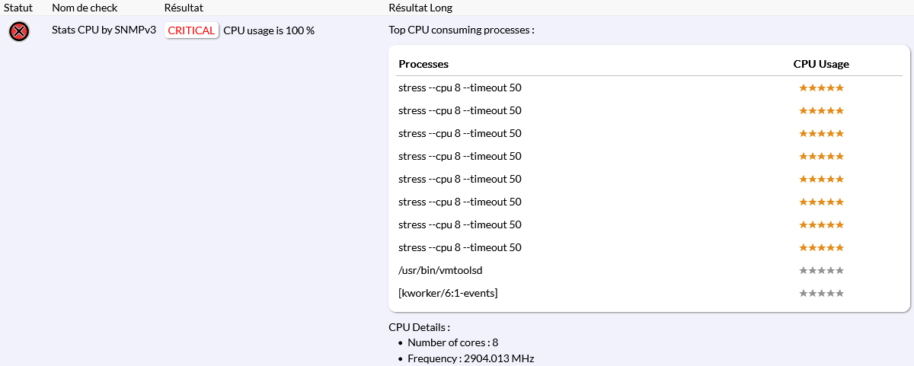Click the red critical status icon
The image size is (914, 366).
click(19, 31)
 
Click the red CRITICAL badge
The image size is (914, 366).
click(191, 30)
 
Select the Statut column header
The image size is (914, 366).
click(18, 8)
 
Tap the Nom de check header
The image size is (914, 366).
click(85, 8)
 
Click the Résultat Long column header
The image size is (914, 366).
click(420, 8)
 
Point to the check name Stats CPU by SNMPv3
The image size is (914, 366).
click(104, 30)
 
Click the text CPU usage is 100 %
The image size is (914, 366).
click(269, 30)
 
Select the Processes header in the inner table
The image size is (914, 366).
click(423, 64)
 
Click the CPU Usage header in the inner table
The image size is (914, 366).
click(821, 64)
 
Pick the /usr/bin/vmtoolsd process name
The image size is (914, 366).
click(441, 270)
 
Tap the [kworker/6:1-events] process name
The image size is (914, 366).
click(448, 293)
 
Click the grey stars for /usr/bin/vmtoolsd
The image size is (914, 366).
click(821, 270)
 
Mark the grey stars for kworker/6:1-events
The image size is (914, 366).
click(821, 293)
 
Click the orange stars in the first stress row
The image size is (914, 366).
click(821, 88)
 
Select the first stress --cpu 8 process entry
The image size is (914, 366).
click(460, 88)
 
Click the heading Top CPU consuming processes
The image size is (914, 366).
click(462, 30)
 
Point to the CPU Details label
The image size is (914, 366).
click(419, 327)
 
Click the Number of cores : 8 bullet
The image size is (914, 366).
click(452, 342)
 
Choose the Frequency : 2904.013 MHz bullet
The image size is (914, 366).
click(471, 358)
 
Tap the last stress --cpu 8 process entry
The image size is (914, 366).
click(460, 247)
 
